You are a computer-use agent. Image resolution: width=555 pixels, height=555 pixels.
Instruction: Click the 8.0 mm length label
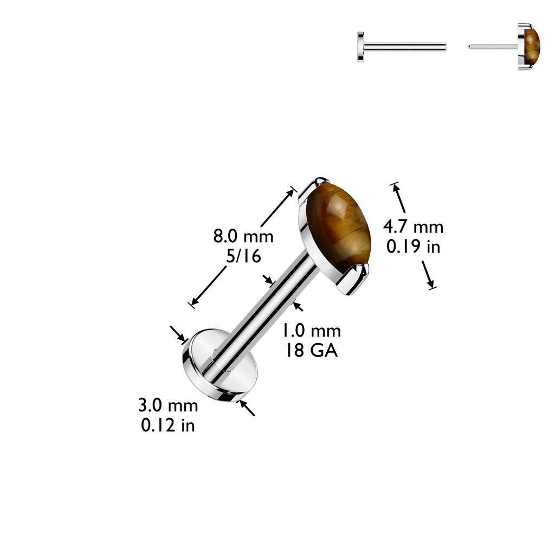tap(243, 236)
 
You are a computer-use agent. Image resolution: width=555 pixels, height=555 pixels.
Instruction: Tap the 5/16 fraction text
tap(243, 257)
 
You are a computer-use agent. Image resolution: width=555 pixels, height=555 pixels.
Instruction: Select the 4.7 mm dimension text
tap(413, 227)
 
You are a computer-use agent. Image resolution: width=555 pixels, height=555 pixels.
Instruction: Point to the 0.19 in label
tap(413, 247)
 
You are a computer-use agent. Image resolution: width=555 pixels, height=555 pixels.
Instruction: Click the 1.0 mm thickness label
tap(311, 330)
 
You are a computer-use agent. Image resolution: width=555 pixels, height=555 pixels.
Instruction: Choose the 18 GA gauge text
tap(311, 351)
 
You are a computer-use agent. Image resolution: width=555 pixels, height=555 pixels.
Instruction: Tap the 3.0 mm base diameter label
tap(168, 405)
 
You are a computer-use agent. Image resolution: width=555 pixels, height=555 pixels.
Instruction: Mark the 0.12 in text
tap(168, 426)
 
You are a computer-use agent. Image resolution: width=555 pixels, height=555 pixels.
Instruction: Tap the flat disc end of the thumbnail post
tap(361, 47)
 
